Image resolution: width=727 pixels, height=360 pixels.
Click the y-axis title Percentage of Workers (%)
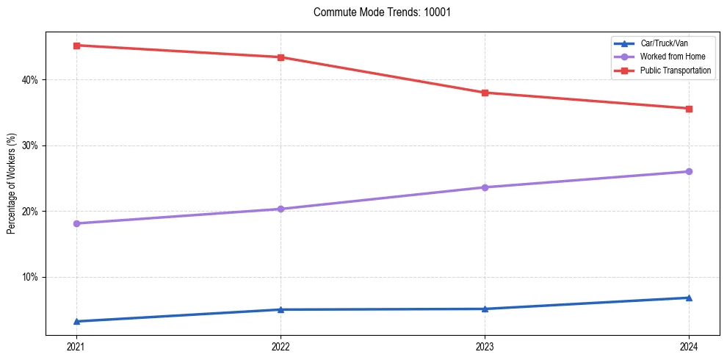pyautogui.click(x=12, y=184)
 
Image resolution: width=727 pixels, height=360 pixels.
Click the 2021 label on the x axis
pyautogui.click(x=76, y=346)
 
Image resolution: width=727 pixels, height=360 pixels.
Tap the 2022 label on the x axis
pyautogui.click(x=280, y=346)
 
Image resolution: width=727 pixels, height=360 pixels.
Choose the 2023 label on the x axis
pyautogui.click(x=485, y=346)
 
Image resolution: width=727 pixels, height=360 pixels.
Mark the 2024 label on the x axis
pyautogui.click(x=689, y=346)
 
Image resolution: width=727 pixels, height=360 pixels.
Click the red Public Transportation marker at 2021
pyautogui.click(x=76, y=46)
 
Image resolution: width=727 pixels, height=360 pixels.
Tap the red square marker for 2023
pyautogui.click(x=485, y=93)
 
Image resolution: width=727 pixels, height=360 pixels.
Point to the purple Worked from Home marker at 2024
pyautogui.click(x=689, y=171)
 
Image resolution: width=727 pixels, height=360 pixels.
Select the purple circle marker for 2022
pyautogui.click(x=280, y=209)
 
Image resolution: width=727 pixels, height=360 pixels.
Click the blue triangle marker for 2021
pyautogui.click(x=76, y=321)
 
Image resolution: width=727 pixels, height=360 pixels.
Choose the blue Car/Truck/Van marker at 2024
pyautogui.click(x=689, y=298)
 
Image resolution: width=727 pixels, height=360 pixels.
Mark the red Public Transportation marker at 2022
pyautogui.click(x=280, y=57)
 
